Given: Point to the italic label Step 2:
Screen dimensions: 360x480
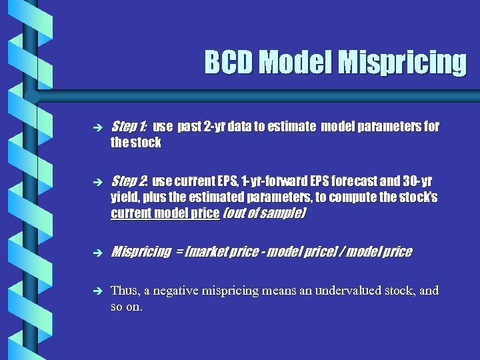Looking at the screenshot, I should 129,181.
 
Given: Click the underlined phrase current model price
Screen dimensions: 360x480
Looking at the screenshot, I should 165,213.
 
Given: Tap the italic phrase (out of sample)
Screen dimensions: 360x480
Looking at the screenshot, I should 264,213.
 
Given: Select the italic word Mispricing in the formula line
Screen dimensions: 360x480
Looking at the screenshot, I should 141,252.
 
